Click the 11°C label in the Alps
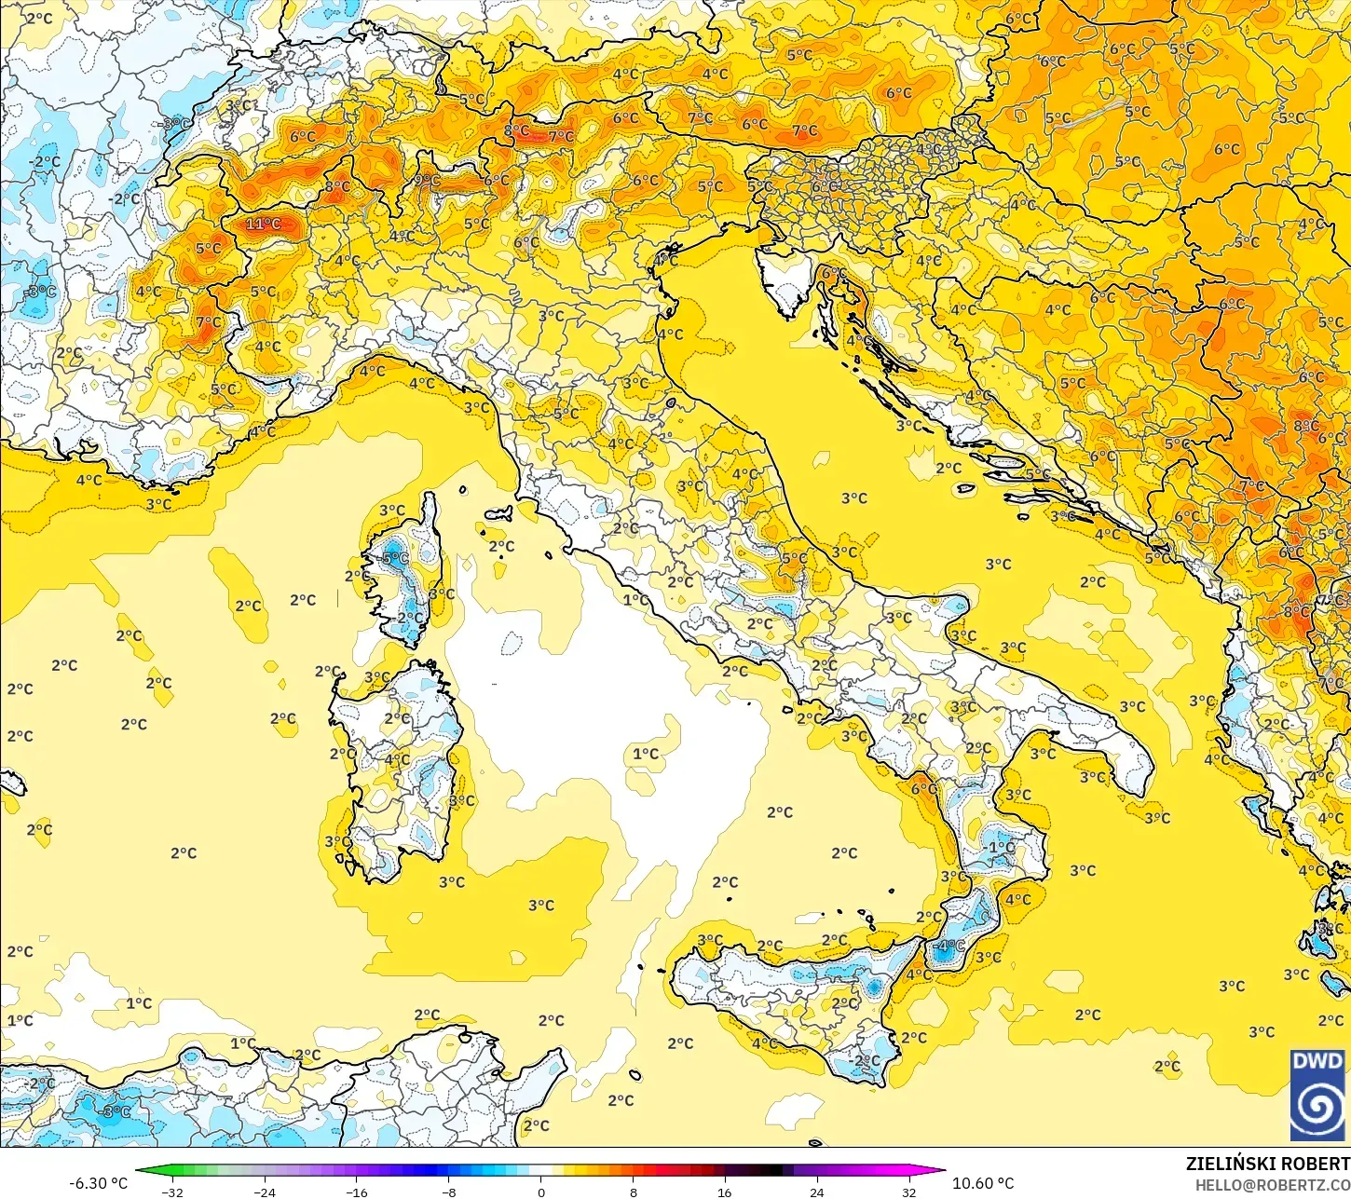[x=263, y=225]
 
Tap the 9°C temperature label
[x=428, y=181]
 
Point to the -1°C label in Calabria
[x=1001, y=848]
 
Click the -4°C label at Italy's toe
[x=950, y=947]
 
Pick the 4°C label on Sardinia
[x=398, y=759]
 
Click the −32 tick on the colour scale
[x=172, y=1192]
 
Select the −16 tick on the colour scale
[x=357, y=1192]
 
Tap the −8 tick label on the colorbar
[x=448, y=1192]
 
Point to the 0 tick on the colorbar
[x=540, y=1192]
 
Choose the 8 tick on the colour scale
[x=633, y=1192]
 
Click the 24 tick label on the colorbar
[x=816, y=1192]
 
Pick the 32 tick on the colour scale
[x=908, y=1192]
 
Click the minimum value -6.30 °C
[x=98, y=1183]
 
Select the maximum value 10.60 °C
[x=983, y=1183]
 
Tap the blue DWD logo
[x=1317, y=1096]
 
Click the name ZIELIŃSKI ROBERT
[x=1267, y=1164]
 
